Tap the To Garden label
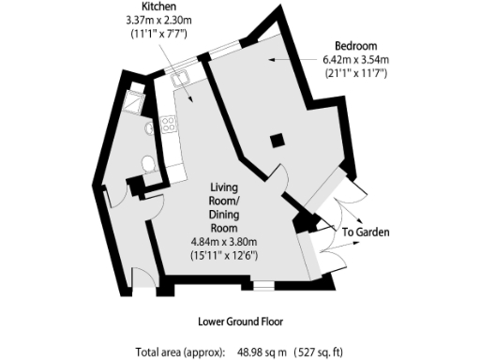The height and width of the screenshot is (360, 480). [x=365, y=232]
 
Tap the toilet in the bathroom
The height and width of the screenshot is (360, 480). [x=146, y=166]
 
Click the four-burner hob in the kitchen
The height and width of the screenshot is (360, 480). [x=170, y=124]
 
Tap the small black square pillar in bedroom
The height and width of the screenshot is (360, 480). [x=276, y=141]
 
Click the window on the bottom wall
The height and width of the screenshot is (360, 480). [x=265, y=281]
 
